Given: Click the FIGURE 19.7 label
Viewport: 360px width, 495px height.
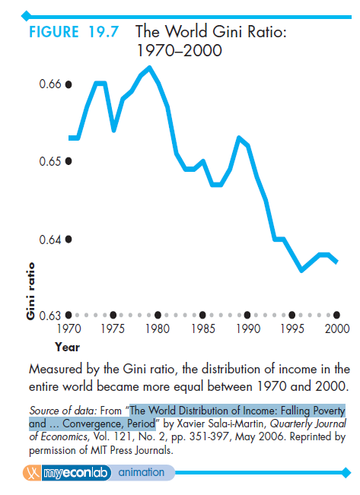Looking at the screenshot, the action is [74, 32].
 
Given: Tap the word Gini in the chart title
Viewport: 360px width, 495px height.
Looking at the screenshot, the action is [228, 31].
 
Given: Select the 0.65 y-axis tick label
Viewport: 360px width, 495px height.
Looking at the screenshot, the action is [50, 161].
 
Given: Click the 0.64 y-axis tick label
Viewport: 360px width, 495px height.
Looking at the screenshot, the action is [50, 240].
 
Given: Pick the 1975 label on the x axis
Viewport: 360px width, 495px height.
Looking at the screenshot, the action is [113, 328].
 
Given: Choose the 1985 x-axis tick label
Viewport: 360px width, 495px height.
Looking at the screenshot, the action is [203, 328].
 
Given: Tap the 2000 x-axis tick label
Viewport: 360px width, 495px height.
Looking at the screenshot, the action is [337, 328].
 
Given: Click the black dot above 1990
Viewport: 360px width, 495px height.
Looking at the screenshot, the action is [247, 315].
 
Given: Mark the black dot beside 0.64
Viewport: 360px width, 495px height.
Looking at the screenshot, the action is [68, 240].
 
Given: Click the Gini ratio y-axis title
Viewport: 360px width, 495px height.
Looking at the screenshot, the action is [30, 290].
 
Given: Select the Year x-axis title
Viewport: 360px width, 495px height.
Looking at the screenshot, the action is [67, 347].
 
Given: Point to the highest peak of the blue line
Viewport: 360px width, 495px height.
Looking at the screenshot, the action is [149, 67].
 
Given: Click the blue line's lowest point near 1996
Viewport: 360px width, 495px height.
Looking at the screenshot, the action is [302, 270].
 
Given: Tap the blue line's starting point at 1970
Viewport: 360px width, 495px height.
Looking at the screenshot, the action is [70, 138].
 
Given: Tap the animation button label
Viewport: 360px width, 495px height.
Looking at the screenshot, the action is [142, 473].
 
